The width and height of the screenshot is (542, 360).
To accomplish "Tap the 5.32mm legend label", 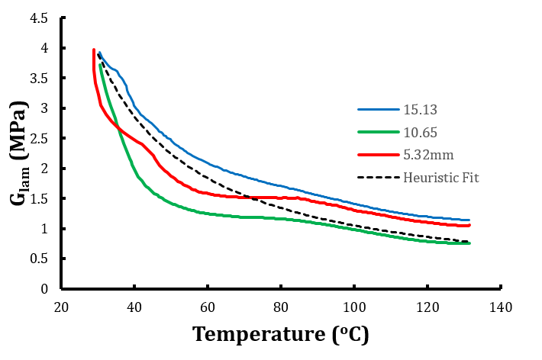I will tap(428, 155).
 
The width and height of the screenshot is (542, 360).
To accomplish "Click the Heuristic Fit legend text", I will tap(440, 178).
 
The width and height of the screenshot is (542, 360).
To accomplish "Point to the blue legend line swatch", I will tap(379, 110).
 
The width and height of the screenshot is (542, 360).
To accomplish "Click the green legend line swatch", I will tap(379, 133).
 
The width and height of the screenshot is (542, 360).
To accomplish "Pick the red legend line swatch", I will tap(379, 156).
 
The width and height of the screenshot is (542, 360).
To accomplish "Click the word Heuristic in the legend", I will tap(432, 178).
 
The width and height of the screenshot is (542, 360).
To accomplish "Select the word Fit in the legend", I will tap(470, 178).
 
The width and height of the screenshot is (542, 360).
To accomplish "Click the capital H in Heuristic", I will tap(408, 178).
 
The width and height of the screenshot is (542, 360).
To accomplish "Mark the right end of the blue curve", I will tap(469, 220).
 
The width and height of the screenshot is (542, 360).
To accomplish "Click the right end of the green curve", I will tap(469, 243).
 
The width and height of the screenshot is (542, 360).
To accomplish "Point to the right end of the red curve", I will tap(470, 225).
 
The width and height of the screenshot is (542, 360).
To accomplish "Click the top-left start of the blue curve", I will tap(100, 53).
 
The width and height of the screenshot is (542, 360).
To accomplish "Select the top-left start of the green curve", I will tap(100, 65).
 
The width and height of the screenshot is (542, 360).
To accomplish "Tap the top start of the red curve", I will tap(93, 50).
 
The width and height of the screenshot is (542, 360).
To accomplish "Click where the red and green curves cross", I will tap(118, 127).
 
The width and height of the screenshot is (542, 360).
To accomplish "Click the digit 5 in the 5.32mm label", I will tap(407, 155).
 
